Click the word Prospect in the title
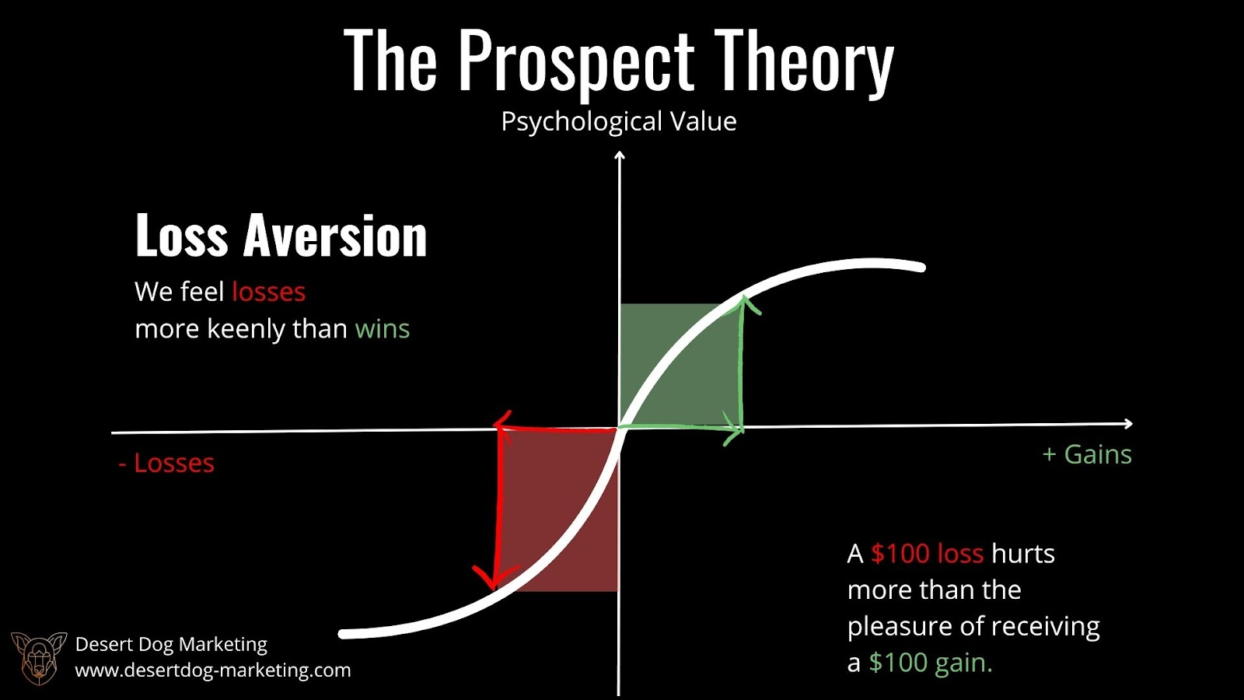(577, 63)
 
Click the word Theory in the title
(804, 62)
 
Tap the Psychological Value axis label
(619, 121)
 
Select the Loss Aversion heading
(281, 236)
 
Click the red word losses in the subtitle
(268, 292)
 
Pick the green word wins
(382, 329)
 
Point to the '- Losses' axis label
(166, 464)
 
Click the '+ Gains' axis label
(1087, 454)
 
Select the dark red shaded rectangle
(559, 509)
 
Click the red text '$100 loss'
(927, 554)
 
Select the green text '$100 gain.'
(930, 663)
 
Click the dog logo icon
(39, 658)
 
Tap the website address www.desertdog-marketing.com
(213, 670)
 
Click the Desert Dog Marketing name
(171, 645)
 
